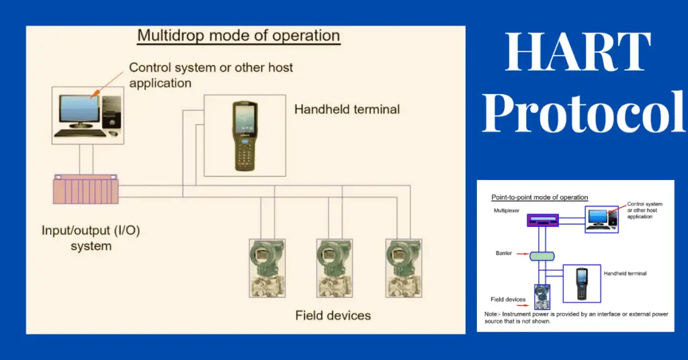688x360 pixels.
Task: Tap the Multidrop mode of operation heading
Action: [x=239, y=36]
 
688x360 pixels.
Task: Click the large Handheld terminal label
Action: [x=347, y=109]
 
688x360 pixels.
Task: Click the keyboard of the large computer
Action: [x=80, y=133]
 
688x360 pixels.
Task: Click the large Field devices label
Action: [x=333, y=314]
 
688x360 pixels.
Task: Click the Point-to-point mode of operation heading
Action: [x=540, y=197]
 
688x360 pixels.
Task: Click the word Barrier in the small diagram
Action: [x=503, y=253]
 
